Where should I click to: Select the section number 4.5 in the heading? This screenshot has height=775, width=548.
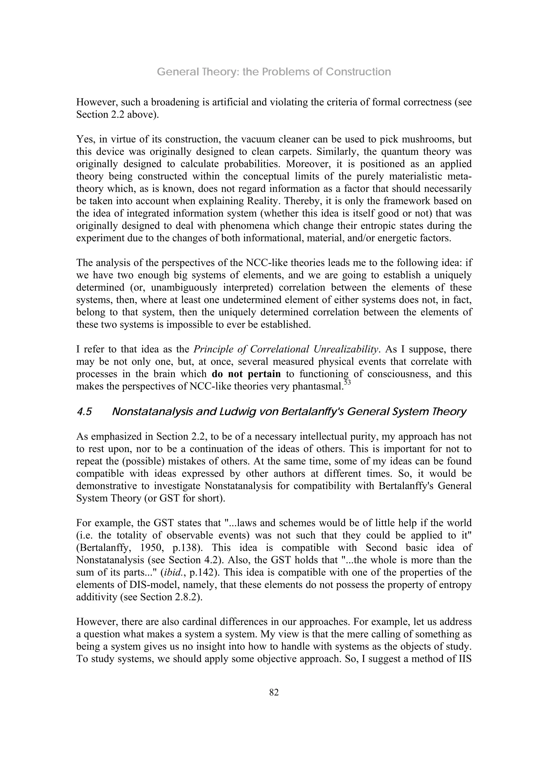tap(84, 412)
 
